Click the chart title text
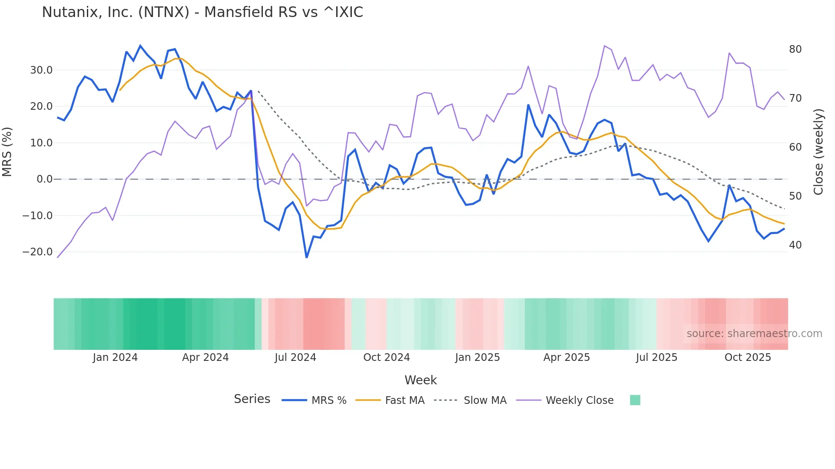[202, 12]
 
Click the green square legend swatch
[635, 400]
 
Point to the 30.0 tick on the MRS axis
[41, 70]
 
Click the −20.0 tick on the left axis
[37, 252]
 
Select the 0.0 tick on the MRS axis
[45, 179]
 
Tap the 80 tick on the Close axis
[795, 49]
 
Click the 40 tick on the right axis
[795, 245]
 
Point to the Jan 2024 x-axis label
[115, 357]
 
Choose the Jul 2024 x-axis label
[295, 357]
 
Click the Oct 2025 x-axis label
[748, 357]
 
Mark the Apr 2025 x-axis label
[567, 357]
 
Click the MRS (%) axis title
[7, 152]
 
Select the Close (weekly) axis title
[818, 152]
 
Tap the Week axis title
[420, 380]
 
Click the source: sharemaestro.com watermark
[754, 334]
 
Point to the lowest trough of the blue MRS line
[306, 257]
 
